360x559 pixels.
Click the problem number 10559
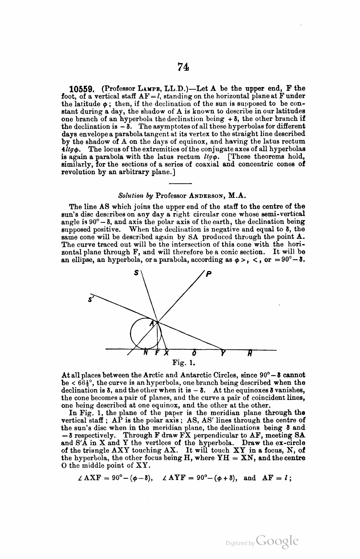80,88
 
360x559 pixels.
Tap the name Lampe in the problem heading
140,88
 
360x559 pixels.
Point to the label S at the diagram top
136,273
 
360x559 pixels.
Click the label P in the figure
208,274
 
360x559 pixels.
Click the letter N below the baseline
146,354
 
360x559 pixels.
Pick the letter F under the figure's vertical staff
157,354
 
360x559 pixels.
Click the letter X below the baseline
166,354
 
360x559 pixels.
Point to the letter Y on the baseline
223,354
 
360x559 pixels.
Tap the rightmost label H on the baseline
249,354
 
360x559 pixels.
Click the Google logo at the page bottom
277,542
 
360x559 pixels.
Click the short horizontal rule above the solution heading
181,183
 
